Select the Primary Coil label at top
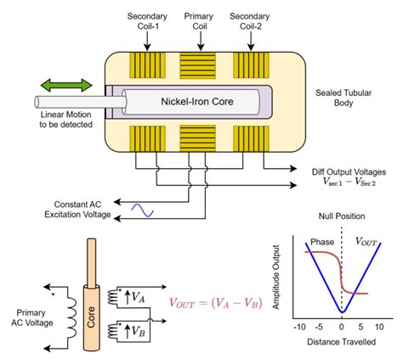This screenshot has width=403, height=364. (x=198, y=21)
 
